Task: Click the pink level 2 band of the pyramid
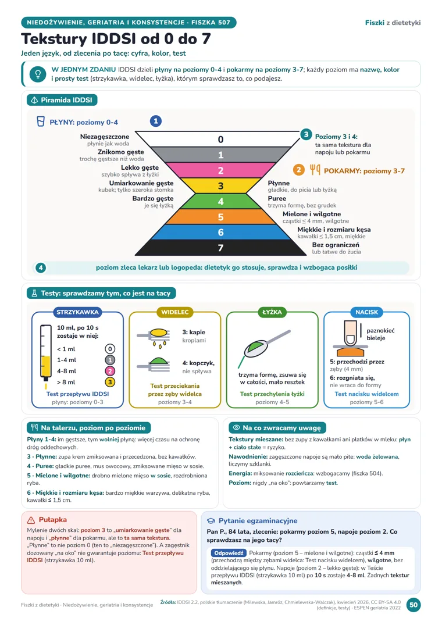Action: [220, 170]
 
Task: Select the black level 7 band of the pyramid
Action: [220, 248]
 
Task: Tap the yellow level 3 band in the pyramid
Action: [220, 185]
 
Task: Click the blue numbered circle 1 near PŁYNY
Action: [155, 121]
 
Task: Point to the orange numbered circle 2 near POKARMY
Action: [298, 170]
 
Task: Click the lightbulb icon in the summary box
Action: [38, 74]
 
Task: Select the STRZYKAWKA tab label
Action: [77, 312]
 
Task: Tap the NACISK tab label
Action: [366, 312]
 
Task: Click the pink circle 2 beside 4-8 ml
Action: [110, 371]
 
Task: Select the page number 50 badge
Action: [414, 605]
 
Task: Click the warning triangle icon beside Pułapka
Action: [31, 520]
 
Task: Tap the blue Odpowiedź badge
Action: [229, 553]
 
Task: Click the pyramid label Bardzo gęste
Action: [152, 198]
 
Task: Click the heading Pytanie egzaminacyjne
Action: [258, 520]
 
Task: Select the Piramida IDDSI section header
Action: [62, 100]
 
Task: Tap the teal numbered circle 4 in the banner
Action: [41, 267]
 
